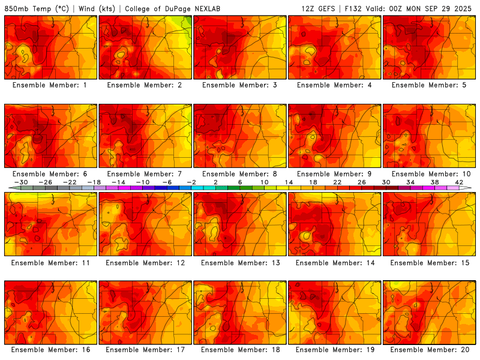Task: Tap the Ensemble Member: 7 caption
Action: (x=146, y=173)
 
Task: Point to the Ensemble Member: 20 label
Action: (x=430, y=350)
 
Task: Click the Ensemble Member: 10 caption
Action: (x=430, y=173)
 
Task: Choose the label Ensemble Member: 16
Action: (x=51, y=350)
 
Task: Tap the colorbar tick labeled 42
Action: (x=459, y=182)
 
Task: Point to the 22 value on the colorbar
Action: (x=337, y=182)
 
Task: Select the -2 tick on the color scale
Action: (x=191, y=182)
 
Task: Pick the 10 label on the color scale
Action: (x=265, y=182)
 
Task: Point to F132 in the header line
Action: (x=353, y=9)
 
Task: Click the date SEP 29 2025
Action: (x=447, y=9)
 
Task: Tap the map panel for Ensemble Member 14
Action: (x=335, y=224)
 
